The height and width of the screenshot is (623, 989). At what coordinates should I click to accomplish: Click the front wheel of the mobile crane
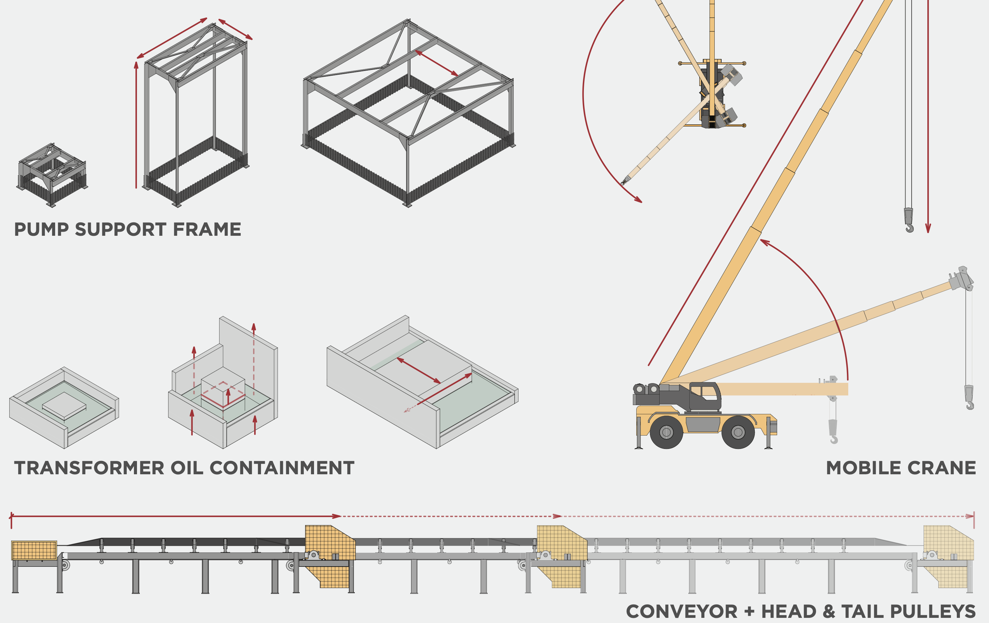(x=738, y=432)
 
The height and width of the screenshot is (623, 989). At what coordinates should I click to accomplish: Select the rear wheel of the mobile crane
(x=666, y=432)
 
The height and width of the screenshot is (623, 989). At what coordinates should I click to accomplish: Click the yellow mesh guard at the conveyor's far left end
(x=34, y=551)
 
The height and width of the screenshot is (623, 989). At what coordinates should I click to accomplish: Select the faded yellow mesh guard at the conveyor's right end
(x=948, y=543)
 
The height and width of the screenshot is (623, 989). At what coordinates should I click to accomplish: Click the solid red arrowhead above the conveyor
(x=336, y=516)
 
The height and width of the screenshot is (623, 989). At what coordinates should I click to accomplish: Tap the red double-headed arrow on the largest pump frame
(x=437, y=63)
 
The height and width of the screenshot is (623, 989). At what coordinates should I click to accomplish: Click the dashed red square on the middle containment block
(x=223, y=394)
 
